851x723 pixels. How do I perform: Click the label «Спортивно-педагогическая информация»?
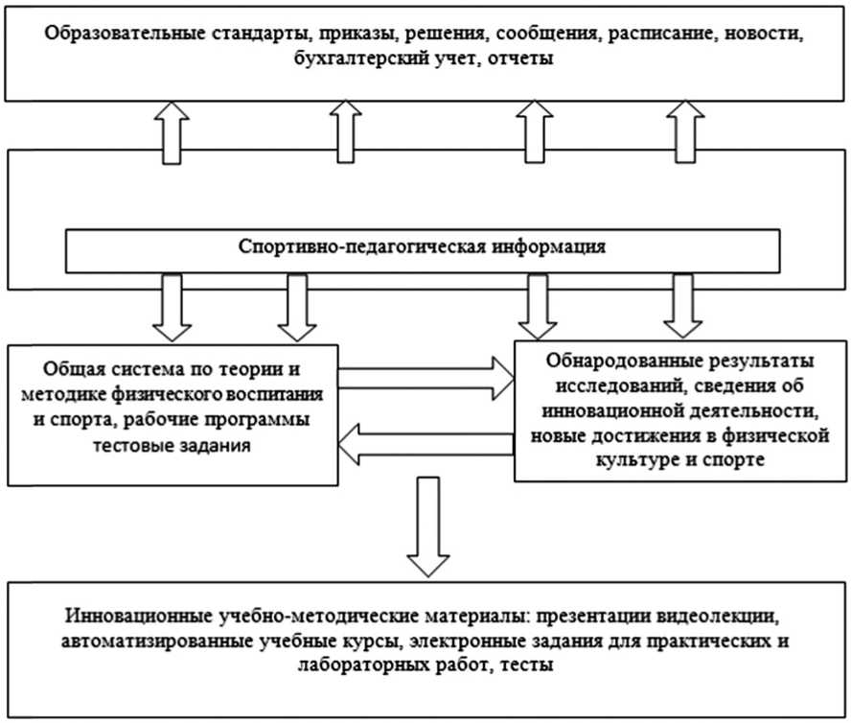coord(422,246)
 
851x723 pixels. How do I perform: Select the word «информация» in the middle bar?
coord(548,246)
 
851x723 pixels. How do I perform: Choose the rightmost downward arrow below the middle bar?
coord(682,305)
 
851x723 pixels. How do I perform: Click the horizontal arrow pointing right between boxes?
coord(427,377)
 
